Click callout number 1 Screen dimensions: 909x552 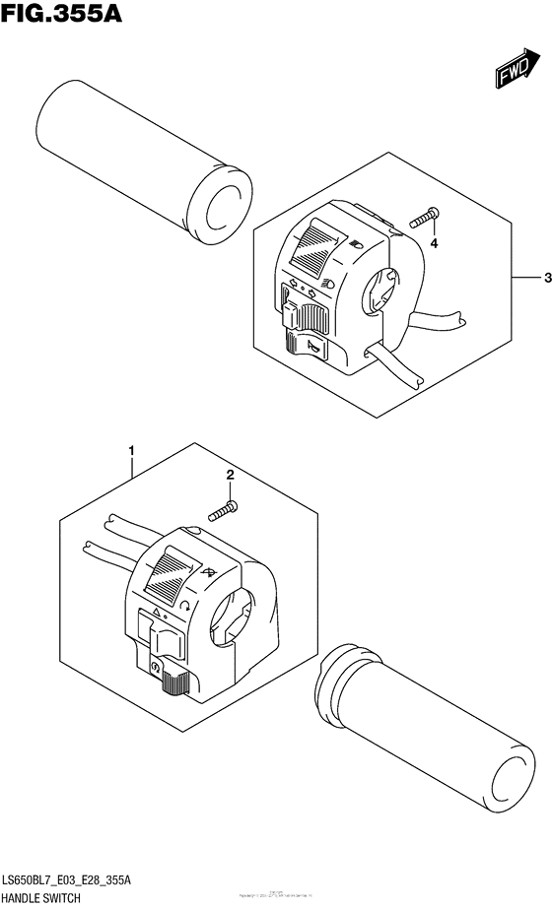[x=131, y=451]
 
